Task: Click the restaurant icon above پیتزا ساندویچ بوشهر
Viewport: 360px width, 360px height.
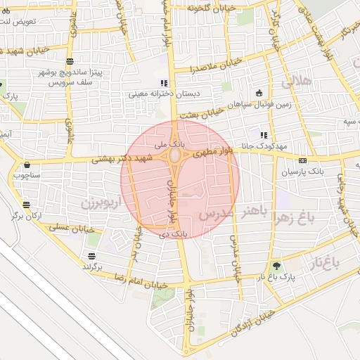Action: click(69, 61)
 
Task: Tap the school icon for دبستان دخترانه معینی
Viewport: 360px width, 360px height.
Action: click(164, 82)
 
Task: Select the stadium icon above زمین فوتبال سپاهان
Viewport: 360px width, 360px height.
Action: click(259, 94)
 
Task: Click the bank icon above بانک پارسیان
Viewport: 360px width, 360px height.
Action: click(302, 160)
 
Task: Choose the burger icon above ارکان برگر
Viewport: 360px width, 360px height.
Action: click(26, 205)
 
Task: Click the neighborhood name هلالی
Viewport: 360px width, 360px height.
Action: click(297, 82)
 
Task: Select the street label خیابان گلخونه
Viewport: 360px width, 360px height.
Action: click(204, 7)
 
